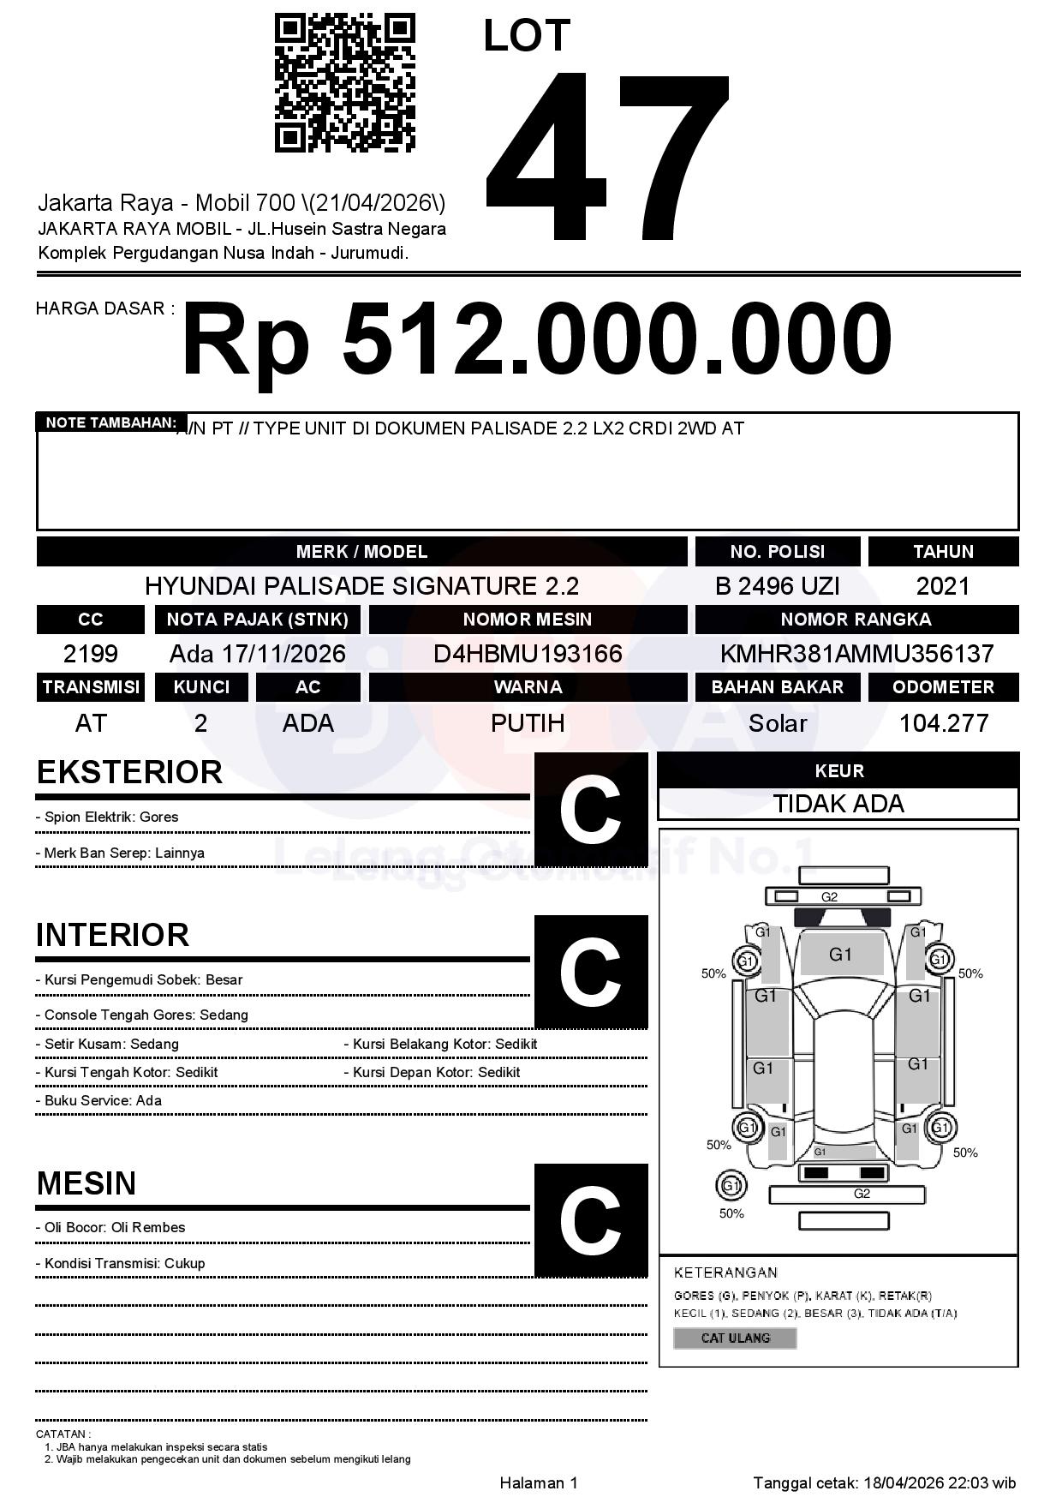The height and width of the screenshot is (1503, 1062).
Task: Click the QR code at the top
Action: pyautogui.click(x=344, y=83)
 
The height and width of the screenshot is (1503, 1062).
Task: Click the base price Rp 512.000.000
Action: pyautogui.click(x=536, y=340)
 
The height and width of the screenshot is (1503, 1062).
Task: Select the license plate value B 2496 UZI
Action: pyautogui.click(x=777, y=586)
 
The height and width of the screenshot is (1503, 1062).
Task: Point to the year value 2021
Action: pyautogui.click(x=943, y=586)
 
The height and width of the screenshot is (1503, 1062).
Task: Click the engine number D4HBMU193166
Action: pyautogui.click(x=528, y=654)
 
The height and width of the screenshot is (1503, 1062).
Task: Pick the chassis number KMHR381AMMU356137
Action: pyautogui.click(x=856, y=654)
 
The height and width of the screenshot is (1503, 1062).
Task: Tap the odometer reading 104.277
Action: pyautogui.click(x=943, y=723)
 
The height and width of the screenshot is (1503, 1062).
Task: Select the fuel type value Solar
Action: pyautogui.click(x=777, y=723)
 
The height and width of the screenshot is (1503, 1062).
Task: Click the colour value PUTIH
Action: pyautogui.click(x=528, y=723)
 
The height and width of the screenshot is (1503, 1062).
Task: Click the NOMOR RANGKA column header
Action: pyautogui.click(x=856, y=619)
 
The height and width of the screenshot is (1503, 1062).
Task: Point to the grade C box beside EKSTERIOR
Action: pyautogui.click(x=590, y=809)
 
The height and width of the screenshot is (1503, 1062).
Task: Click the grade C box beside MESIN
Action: pyautogui.click(x=590, y=1220)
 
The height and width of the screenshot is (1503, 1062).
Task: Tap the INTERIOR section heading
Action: pyautogui.click(x=112, y=934)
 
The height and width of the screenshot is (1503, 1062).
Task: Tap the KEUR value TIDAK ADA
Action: pyautogui.click(x=838, y=804)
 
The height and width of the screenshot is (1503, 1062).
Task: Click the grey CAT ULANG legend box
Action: pyautogui.click(x=735, y=1338)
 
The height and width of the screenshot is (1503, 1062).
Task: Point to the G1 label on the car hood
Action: pyautogui.click(x=840, y=955)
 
